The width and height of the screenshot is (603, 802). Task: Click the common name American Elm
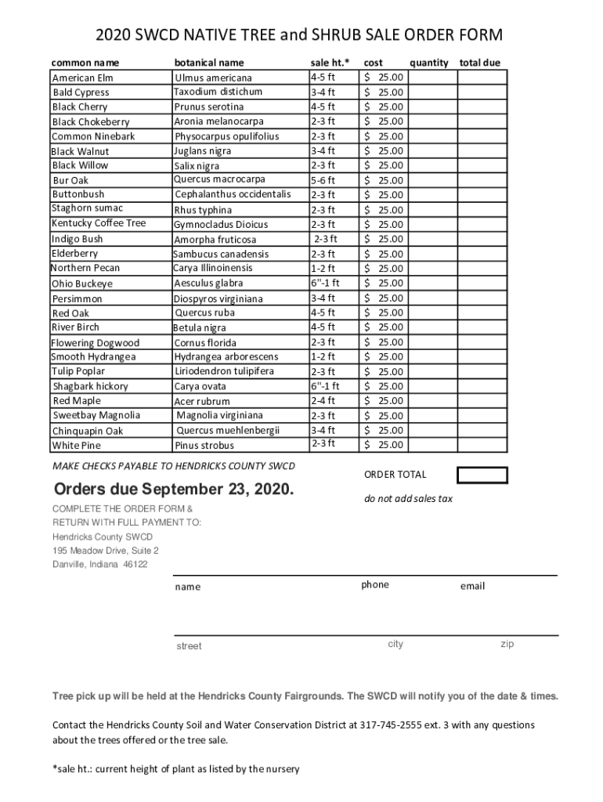83,78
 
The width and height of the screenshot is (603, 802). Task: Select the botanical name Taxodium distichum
218,92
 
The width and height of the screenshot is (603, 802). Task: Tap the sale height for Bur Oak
323,179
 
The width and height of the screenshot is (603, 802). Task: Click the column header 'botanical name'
209,62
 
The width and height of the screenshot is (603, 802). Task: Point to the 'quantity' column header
429,62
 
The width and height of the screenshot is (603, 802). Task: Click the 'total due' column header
480,62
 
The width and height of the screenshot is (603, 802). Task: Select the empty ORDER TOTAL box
482,475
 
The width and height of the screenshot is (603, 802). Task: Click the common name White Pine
77,445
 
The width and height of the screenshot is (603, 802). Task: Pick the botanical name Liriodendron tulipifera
224,370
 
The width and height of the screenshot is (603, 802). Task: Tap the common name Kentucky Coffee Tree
99,223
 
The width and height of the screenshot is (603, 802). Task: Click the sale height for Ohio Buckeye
325,283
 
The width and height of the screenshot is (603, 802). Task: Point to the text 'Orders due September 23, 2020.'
175,490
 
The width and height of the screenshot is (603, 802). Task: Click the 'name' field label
188,587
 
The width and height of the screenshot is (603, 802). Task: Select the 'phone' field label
375,585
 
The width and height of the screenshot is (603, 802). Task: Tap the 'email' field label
472,586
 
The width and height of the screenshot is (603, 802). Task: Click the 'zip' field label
507,644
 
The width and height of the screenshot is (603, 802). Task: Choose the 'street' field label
189,646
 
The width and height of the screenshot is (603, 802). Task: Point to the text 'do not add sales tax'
408,499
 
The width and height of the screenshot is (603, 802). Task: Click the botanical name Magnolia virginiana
220,415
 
